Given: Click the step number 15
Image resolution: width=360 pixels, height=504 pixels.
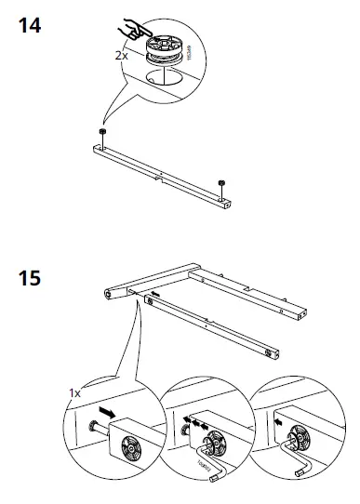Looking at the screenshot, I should pyautogui.click(x=29, y=276).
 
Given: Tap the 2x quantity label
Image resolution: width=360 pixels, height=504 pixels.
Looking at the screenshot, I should pyautogui.click(x=121, y=56).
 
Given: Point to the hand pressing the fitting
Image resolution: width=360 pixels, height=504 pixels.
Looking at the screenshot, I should pyautogui.click(x=140, y=26).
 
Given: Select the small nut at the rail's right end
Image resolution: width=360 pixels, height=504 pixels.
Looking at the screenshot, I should pyautogui.click(x=220, y=181).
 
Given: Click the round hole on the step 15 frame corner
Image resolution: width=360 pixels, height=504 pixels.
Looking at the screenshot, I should pyautogui.click(x=109, y=294).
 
